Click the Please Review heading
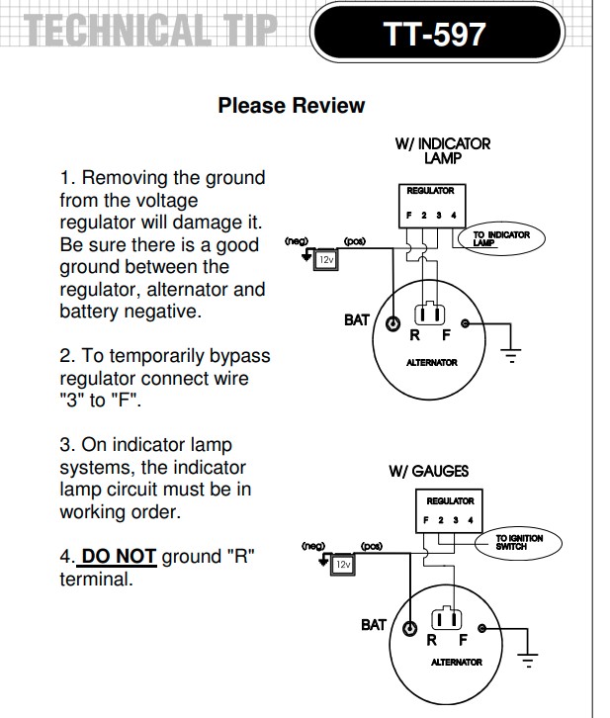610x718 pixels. pos(292,106)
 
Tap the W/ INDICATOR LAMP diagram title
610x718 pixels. pos(442,150)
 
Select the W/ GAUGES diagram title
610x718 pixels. pos(428,472)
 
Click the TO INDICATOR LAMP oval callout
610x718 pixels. pos(500,238)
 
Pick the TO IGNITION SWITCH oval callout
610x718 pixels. pos(518,543)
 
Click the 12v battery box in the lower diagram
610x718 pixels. pos(342,564)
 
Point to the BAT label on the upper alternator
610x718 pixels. pos(356,320)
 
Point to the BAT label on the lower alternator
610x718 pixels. pos(373,625)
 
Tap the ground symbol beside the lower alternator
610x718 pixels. pos(530,658)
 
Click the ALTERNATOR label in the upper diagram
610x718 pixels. pos(432,363)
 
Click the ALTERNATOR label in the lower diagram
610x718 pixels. pos(456,662)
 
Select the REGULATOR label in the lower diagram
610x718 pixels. pos(450,500)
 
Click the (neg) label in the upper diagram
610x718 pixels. pos(297,241)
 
